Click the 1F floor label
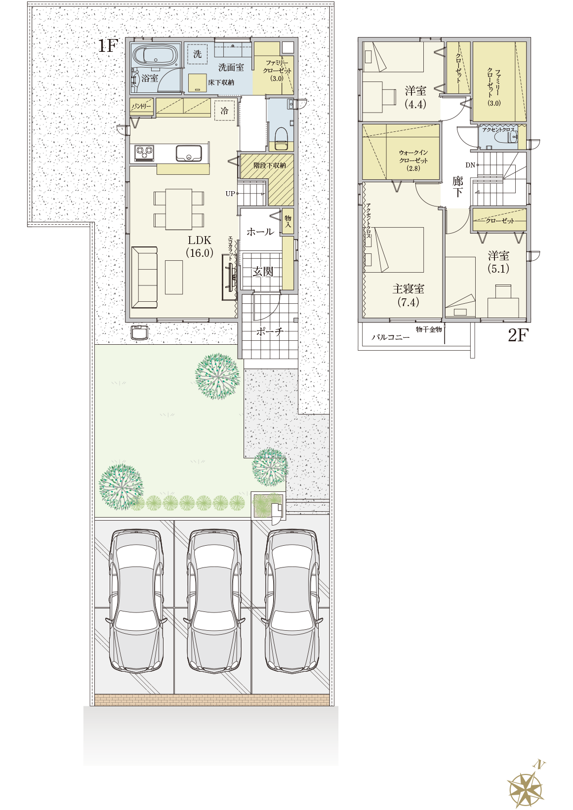pos(109,45)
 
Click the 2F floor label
pos(518,335)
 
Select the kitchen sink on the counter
pos(189,153)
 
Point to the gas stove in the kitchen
pos(144,153)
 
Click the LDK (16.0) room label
pos(200,246)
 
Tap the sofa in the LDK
pos(144,278)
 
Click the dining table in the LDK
pos(179,209)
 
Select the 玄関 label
pos(263,272)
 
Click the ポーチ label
pos(270,331)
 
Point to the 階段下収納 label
pos(270,165)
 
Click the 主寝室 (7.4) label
pos(408,295)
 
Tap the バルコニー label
pos(391,337)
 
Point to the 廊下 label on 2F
pos(457,187)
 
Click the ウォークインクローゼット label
pos(413,160)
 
